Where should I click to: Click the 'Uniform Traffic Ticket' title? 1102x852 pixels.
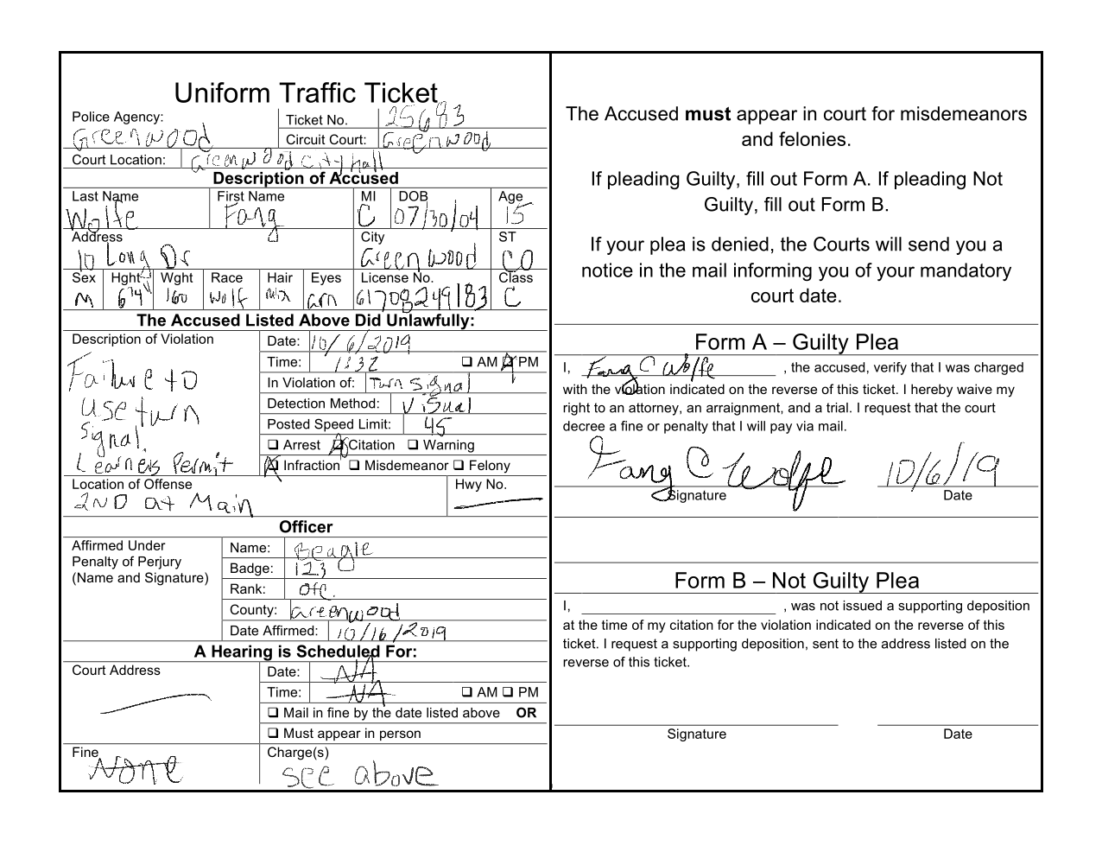306,92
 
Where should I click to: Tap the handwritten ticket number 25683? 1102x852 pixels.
424,118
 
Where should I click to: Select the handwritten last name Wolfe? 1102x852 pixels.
102,217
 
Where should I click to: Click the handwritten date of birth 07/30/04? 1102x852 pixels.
435,216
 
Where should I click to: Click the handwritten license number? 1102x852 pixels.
421,298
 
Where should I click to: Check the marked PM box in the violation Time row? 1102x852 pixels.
509,362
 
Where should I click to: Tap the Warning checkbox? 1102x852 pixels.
413,445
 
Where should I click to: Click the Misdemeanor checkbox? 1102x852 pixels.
354,466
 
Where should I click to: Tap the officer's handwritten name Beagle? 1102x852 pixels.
332,549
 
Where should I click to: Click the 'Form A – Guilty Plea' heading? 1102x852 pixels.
795,342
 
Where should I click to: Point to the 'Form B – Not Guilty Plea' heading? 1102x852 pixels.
795,581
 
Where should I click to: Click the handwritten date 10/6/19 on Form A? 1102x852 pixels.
941,471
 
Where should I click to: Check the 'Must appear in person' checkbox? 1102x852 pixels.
273,734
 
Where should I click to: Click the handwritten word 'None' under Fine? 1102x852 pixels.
136,767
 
